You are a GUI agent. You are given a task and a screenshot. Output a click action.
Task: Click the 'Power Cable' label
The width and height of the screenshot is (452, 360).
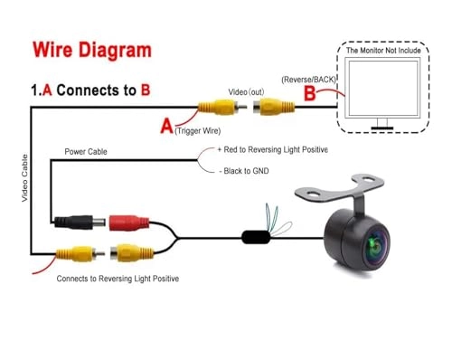(85, 152)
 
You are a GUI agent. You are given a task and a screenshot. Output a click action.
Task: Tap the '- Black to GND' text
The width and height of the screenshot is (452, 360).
(245, 171)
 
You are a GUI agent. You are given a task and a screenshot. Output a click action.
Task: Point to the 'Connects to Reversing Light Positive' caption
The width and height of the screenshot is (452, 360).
(118, 279)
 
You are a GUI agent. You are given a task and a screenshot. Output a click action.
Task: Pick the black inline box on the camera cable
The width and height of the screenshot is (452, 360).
(259, 239)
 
